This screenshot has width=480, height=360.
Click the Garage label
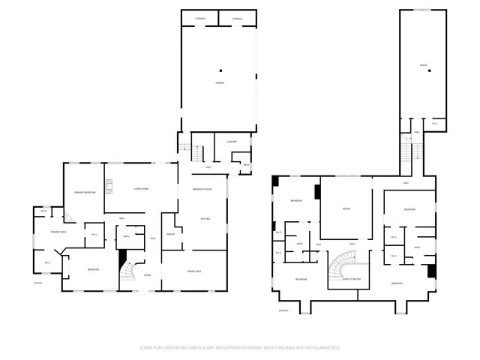pos(220,82)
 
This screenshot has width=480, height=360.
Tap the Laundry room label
pos(232,142)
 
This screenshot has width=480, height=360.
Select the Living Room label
pos(140,189)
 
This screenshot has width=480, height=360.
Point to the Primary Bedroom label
pos(83,193)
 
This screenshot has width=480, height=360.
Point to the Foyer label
pos(147,275)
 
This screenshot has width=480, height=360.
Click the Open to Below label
pos(352,278)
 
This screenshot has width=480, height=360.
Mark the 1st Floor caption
pos(37,283)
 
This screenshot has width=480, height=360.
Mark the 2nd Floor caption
pos(283,309)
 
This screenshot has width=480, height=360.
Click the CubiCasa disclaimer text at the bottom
pos(240,348)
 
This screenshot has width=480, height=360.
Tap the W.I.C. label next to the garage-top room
pos(435,124)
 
